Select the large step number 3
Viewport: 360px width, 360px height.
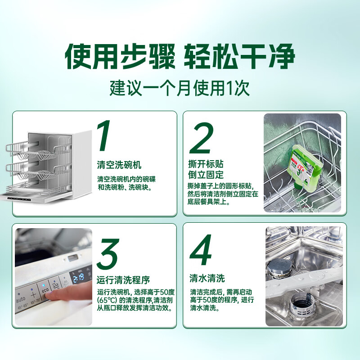click(108, 254)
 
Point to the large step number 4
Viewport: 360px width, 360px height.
click(201, 250)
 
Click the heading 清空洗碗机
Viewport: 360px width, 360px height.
click(119, 165)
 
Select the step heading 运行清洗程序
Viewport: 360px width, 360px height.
click(123, 280)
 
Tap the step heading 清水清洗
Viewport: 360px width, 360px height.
click(207, 278)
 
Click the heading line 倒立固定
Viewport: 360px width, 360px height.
click(206, 175)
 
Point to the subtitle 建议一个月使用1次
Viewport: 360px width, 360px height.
click(180, 88)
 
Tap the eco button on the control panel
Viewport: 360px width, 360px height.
click(45, 290)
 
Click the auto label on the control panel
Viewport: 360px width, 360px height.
click(20, 299)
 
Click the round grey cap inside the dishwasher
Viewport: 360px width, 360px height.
click(278, 267)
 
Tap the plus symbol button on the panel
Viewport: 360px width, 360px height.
click(33, 295)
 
